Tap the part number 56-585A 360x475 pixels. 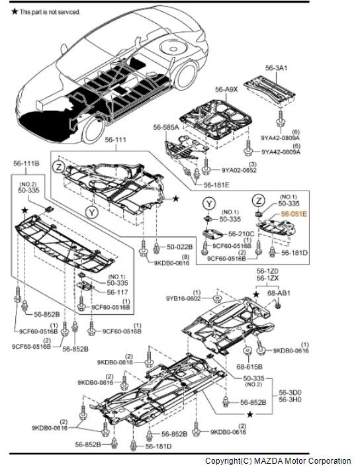pyautogui.click(x=166, y=126)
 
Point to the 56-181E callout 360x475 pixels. pyautogui.click(x=216, y=185)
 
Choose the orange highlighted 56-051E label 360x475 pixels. pyautogui.click(x=294, y=214)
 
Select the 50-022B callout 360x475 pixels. pyautogui.click(x=179, y=247)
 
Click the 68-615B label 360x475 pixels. pyautogui.click(x=249, y=366)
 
